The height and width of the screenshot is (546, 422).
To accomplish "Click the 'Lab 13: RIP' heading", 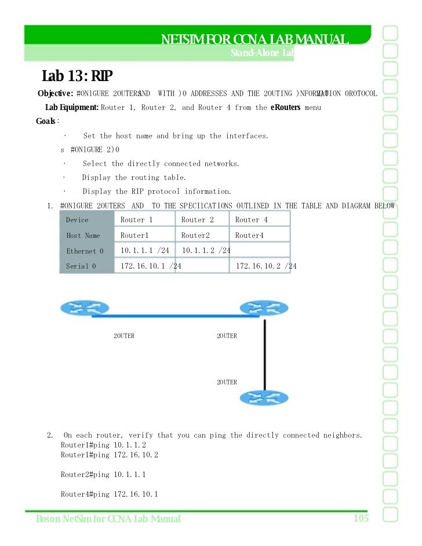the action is [x=78, y=76].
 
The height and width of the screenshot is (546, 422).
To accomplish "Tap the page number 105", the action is [x=361, y=518].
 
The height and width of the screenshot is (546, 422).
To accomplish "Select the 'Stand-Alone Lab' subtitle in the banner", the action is [x=262, y=53].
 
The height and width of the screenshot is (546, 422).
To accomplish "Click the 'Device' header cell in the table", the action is [x=78, y=220].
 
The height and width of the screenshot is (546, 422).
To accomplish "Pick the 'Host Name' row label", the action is [x=83, y=236].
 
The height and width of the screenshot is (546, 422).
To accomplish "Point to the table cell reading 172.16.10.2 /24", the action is [x=265, y=266].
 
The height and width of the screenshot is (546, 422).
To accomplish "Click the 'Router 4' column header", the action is [x=251, y=220].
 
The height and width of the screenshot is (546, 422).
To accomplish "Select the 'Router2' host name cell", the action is [x=195, y=236].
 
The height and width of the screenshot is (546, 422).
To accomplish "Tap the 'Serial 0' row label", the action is [x=81, y=266].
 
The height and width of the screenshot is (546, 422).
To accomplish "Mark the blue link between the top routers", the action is [x=168, y=316].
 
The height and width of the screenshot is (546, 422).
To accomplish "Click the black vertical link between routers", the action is [x=264, y=353].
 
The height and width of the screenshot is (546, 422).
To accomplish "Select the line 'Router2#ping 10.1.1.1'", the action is [x=103, y=475].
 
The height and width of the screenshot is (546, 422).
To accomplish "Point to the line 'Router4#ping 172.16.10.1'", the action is [x=109, y=494].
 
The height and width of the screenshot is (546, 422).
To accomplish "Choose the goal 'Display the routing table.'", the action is [x=134, y=178].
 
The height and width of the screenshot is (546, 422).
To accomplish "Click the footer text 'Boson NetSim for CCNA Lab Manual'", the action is [x=108, y=519].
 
